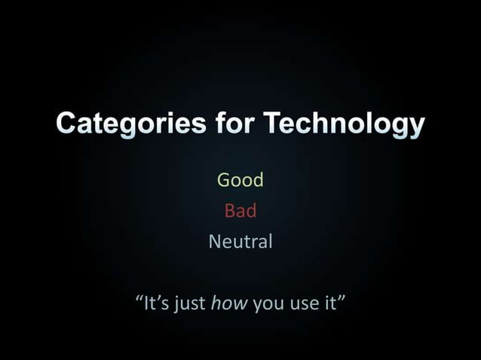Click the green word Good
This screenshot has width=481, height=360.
pyautogui.click(x=240, y=180)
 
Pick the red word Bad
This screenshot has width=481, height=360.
pyautogui.click(x=240, y=211)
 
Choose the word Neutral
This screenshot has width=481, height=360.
pyautogui.click(x=240, y=243)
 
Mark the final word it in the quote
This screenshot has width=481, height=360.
pyautogui.click(x=329, y=304)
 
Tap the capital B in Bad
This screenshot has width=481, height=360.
pyautogui.click(x=229, y=211)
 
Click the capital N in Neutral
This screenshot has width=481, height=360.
pyautogui.click(x=214, y=243)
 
